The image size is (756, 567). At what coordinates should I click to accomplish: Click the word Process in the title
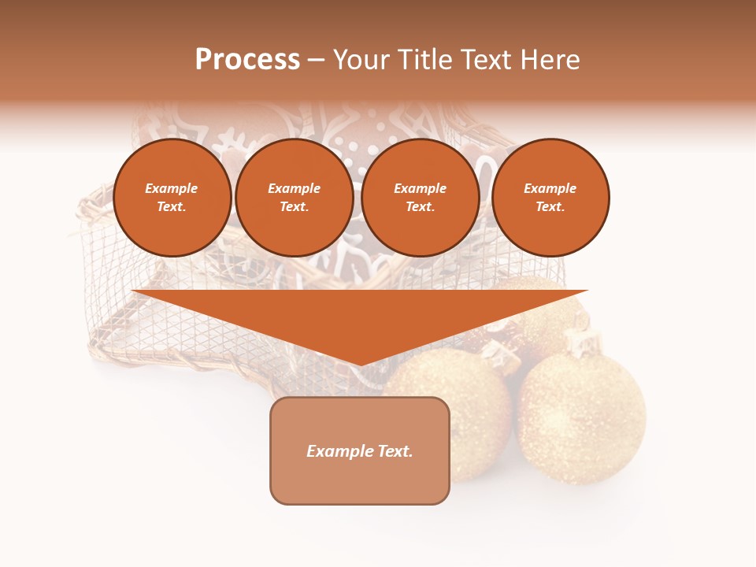point(247,60)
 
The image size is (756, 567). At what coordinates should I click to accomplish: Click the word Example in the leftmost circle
point(172,188)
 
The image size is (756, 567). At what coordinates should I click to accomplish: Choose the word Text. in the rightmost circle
point(550,206)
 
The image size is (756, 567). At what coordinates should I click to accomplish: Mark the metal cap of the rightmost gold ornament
point(581,343)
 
